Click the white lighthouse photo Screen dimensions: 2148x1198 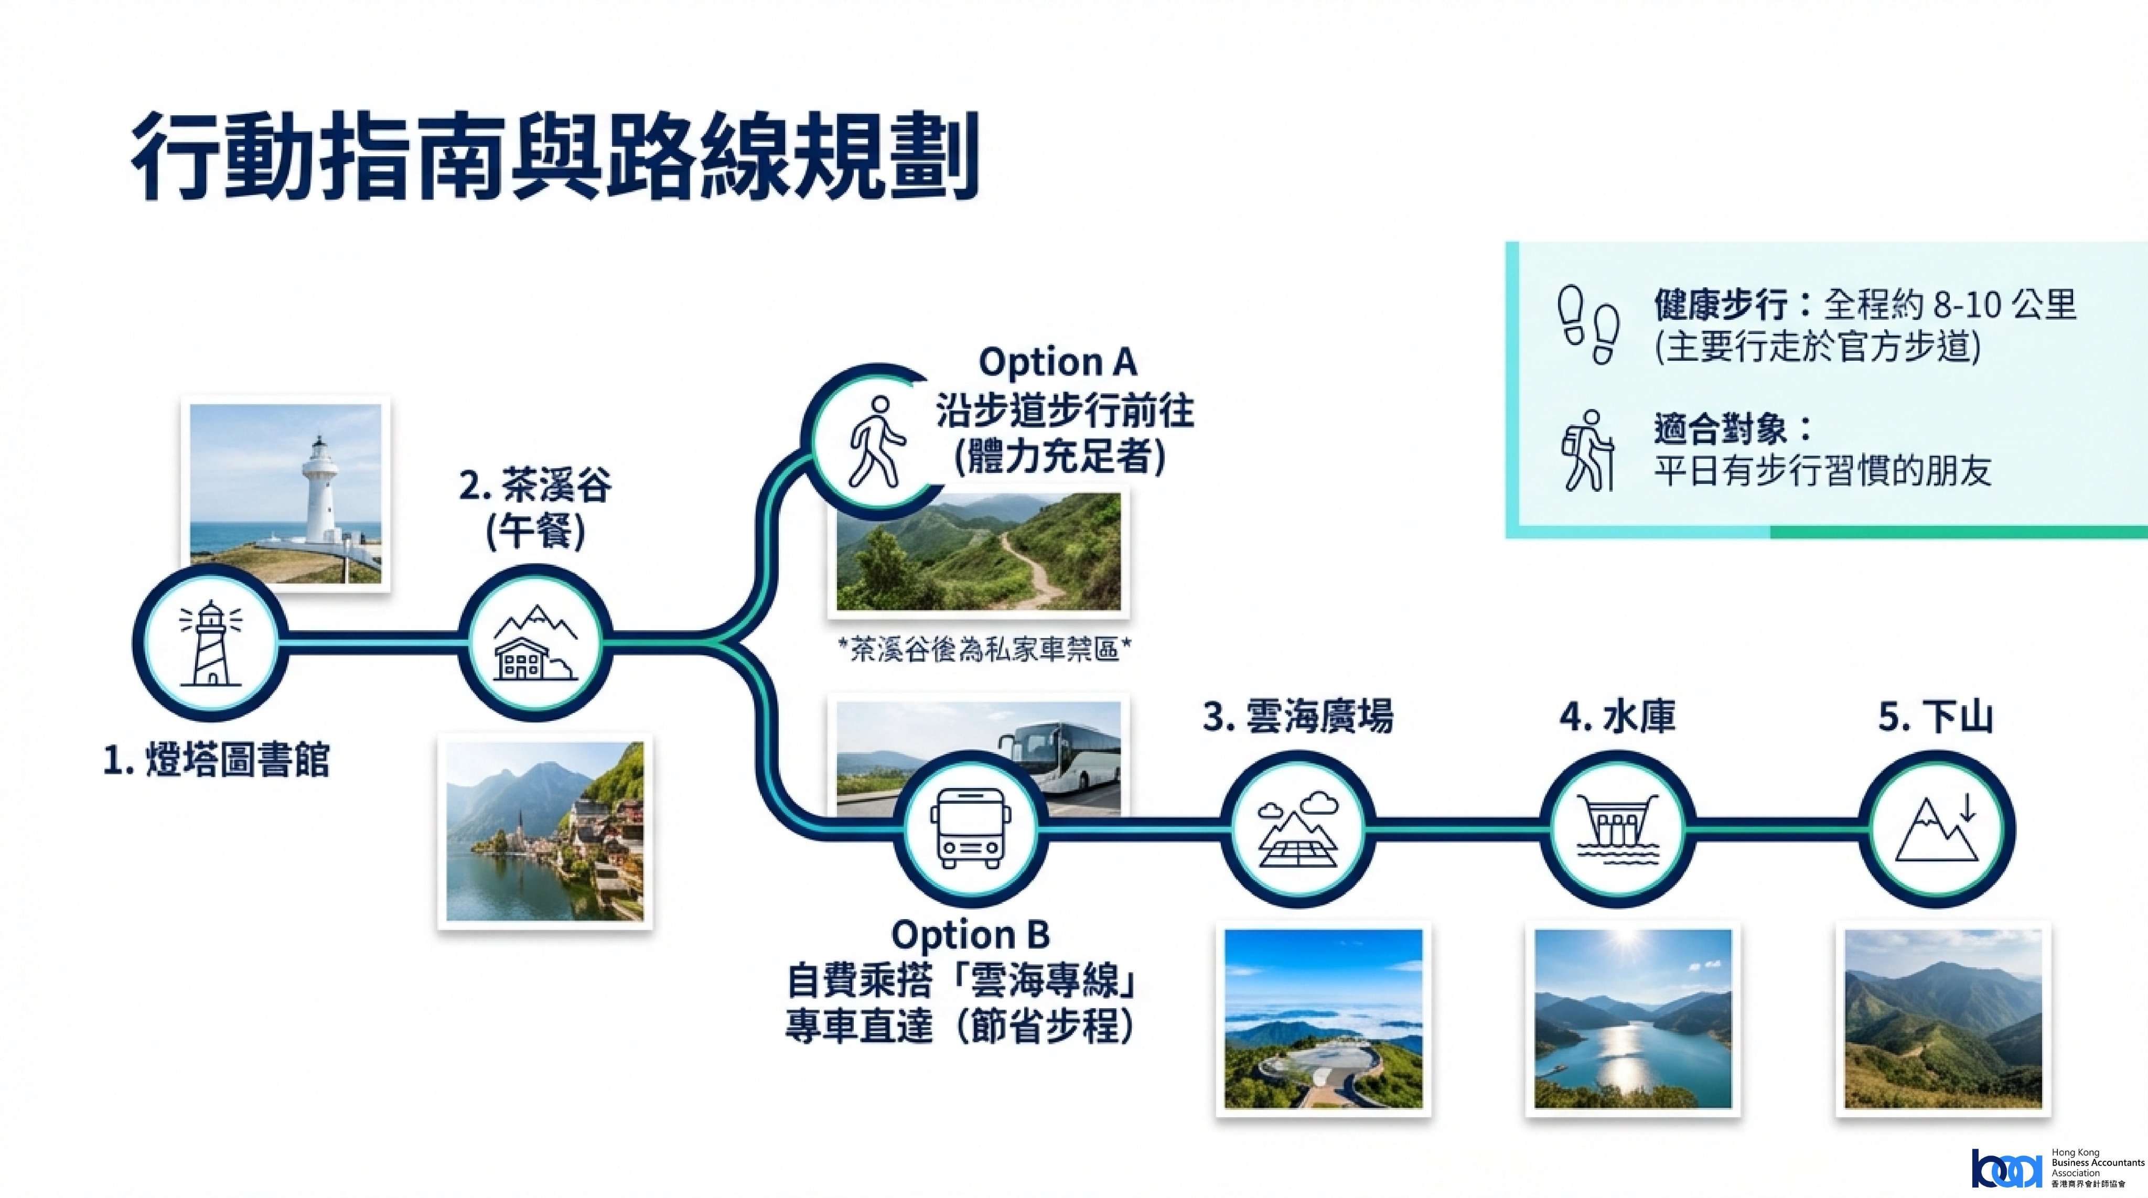coord(285,493)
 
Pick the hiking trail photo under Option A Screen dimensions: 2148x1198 coord(978,551)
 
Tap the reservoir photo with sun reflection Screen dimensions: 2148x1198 coord(1633,1019)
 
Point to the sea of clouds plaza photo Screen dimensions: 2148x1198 coord(1323,1019)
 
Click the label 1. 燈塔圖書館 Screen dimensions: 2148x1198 coord(216,760)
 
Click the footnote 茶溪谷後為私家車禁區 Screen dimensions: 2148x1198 coord(984,650)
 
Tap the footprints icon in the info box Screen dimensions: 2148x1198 coord(1588,325)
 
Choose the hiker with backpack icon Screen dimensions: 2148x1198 coord(1588,450)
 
